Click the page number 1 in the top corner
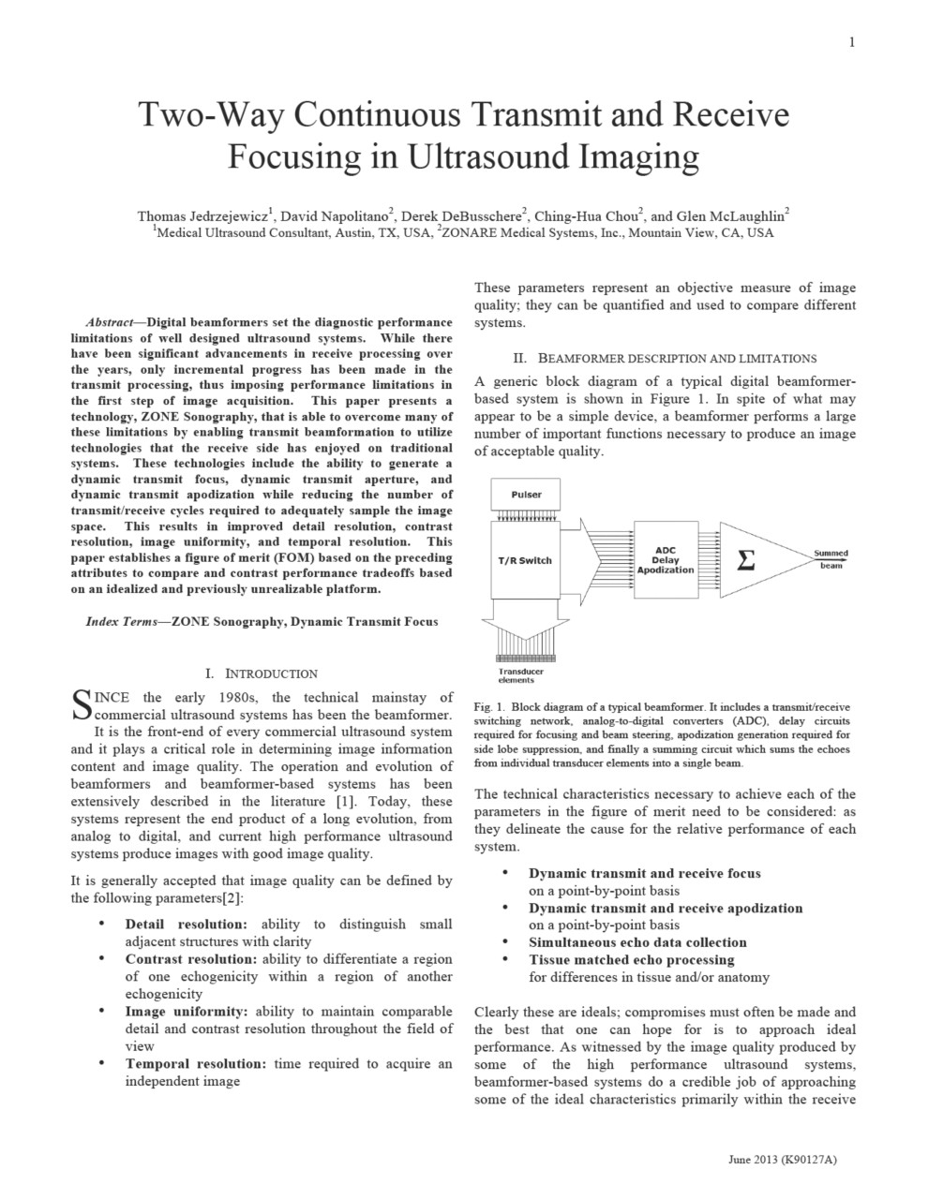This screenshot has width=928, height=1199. pos(851,42)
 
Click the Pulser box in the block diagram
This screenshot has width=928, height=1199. pos(526,494)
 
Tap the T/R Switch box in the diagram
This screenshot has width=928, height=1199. pos(524,560)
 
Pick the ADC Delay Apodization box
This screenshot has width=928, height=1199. pos(666,560)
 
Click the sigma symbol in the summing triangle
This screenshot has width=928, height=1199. pos(746,560)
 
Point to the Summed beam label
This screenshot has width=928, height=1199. pos(831,559)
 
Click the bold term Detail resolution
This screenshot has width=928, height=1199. pos(189,925)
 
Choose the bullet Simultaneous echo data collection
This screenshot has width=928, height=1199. pos(637,942)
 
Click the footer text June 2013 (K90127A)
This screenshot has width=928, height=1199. pos(782,1160)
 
